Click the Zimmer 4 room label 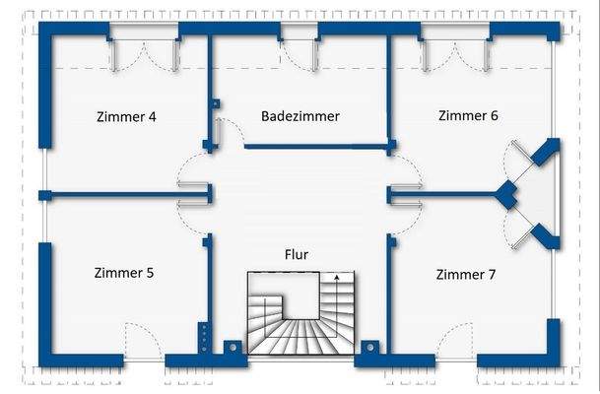point(126,116)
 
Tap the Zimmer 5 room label point(123,273)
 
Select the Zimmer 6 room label point(468,115)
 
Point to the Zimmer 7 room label point(465,274)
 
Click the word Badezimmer point(300,116)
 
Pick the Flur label point(296,255)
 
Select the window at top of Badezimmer point(300,49)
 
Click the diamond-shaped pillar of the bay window point(506,194)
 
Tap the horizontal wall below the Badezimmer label point(315,147)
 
